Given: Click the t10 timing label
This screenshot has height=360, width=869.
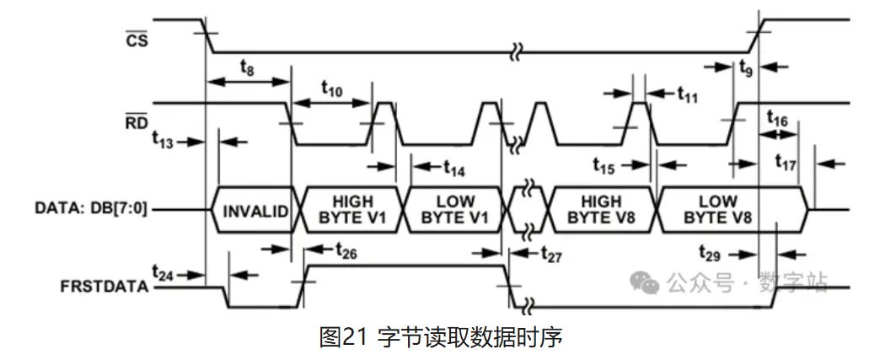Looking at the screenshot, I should pos(332,88).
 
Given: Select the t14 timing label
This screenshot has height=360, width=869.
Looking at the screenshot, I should pos(454,167).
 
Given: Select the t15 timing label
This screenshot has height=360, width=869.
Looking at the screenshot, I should pos(603,165).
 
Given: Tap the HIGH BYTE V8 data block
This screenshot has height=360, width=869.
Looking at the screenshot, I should pos(602,209).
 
